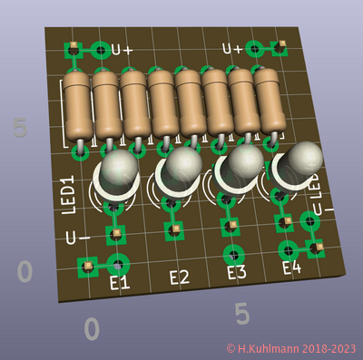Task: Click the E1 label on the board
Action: [120, 284]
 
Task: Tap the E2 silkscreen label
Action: [179, 278]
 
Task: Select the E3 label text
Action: [236, 272]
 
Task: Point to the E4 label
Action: [291, 268]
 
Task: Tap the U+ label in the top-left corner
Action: [122, 50]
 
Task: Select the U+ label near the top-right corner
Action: [232, 49]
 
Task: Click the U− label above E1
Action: [77, 238]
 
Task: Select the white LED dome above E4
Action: [301, 159]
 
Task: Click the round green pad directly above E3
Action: [234, 253]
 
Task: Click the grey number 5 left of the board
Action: [20, 128]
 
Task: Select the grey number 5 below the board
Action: [241, 314]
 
